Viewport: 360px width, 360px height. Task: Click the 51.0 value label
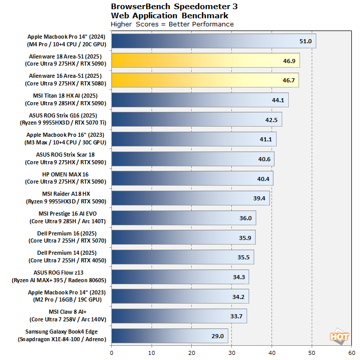click(x=305, y=41)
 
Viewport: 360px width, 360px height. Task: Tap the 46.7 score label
click(x=288, y=80)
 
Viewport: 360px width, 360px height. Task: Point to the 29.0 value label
click(x=218, y=336)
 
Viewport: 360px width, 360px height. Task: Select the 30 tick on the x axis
click(x=231, y=352)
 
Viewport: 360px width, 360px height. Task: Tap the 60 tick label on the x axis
click(x=351, y=352)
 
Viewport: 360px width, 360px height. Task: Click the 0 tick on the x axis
click(x=111, y=352)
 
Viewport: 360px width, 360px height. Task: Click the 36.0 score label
click(x=246, y=218)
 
